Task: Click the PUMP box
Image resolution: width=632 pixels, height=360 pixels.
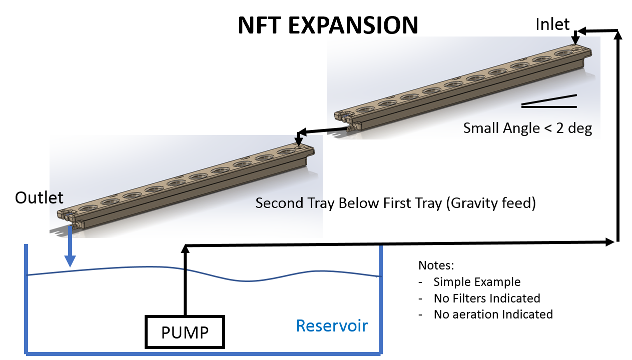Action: tap(185, 332)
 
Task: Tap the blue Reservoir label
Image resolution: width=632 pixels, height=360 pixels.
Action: tap(332, 326)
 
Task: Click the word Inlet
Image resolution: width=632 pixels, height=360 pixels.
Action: tap(552, 24)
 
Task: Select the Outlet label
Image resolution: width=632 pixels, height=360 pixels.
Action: tap(39, 197)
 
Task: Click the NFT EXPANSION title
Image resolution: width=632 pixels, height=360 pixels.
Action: tap(328, 25)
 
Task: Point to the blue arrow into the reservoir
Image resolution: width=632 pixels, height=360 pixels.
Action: tap(70, 246)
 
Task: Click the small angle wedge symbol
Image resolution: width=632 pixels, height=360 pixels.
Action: tap(549, 101)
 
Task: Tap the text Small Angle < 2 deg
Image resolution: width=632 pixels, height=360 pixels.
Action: tap(527, 128)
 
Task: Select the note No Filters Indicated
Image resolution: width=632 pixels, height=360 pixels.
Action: tap(487, 298)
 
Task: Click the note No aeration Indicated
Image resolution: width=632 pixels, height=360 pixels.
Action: tap(493, 314)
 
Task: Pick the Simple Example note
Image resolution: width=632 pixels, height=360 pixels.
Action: tap(477, 282)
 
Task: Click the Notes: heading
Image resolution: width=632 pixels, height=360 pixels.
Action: tap(436, 265)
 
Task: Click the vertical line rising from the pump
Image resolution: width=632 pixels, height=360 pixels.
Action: tap(185, 280)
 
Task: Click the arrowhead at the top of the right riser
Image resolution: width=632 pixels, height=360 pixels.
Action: tap(618, 34)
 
